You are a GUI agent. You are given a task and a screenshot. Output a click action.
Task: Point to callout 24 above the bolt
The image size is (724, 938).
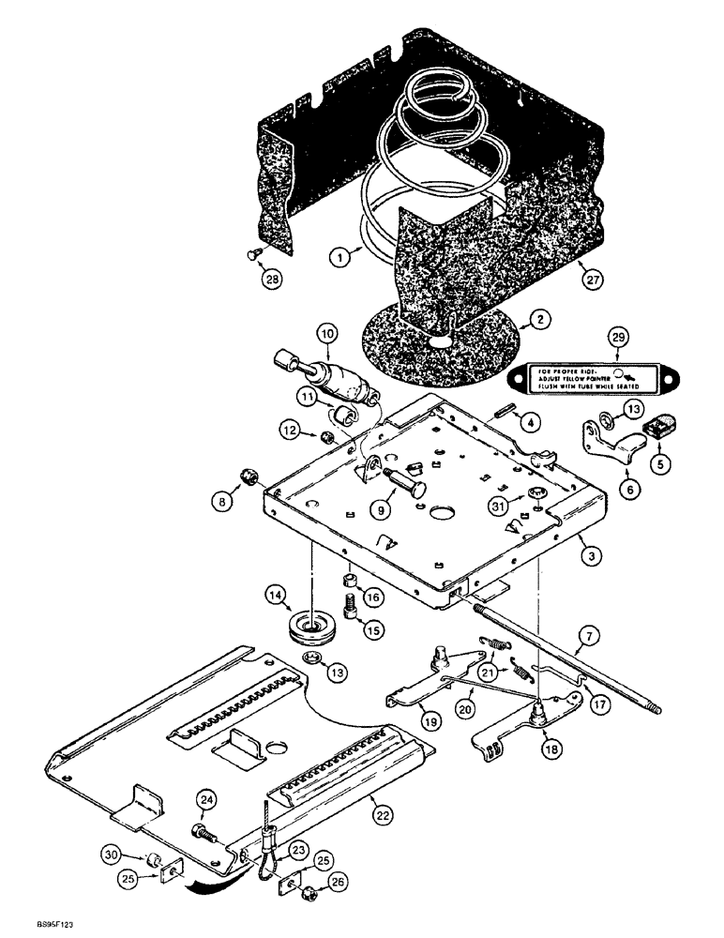(x=205, y=798)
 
